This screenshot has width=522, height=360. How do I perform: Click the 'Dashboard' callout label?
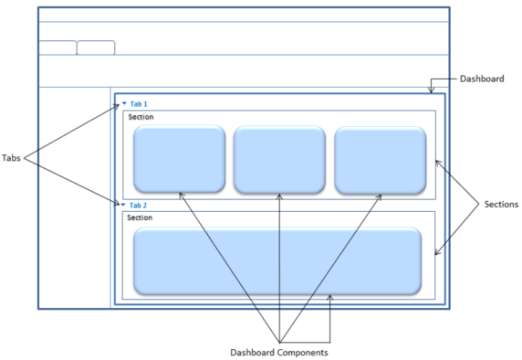tap(481, 78)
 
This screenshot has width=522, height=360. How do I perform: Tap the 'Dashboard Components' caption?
tap(279, 352)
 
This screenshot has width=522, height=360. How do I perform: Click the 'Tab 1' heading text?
tap(138, 104)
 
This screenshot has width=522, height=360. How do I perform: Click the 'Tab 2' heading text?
tap(138, 205)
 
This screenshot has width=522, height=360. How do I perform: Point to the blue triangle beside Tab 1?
tap(124, 104)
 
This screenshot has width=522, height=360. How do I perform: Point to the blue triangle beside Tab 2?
tap(124, 204)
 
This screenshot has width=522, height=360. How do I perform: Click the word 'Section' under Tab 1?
tap(140, 117)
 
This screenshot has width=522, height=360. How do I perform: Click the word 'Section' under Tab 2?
tap(139, 217)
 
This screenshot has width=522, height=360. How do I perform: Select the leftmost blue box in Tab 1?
tap(179, 159)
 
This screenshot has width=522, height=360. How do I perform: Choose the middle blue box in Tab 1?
tap(279, 159)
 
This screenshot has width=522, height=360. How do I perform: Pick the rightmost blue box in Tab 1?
tap(379, 159)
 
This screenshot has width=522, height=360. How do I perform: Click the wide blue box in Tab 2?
tap(278, 261)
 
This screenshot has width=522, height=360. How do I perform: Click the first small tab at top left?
tap(57, 48)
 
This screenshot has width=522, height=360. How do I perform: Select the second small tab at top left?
tap(96, 48)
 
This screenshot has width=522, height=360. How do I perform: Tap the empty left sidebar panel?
tap(74, 198)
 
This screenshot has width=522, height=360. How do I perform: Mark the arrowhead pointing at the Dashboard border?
tap(431, 91)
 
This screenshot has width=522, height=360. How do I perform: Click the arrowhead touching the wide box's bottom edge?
tap(330, 297)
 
